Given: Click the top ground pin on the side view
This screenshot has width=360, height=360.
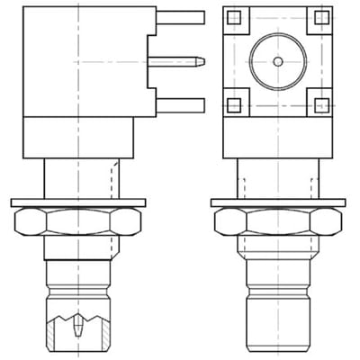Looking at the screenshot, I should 180,16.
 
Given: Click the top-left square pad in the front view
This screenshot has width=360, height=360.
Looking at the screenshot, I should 234,17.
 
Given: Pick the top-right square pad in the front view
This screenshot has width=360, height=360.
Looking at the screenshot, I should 321,17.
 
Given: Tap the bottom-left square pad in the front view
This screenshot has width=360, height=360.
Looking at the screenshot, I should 234,104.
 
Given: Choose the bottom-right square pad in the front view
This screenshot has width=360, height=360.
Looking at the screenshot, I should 321,104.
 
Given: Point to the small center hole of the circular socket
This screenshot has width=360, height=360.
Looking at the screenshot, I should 278,61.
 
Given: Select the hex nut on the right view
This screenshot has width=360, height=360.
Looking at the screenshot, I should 278,221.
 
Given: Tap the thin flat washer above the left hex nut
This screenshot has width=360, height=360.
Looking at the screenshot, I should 78,202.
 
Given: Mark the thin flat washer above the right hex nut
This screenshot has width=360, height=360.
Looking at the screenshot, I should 278,202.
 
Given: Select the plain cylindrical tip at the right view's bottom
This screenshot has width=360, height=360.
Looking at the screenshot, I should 278,319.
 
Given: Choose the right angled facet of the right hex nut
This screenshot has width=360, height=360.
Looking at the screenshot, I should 336,221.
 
